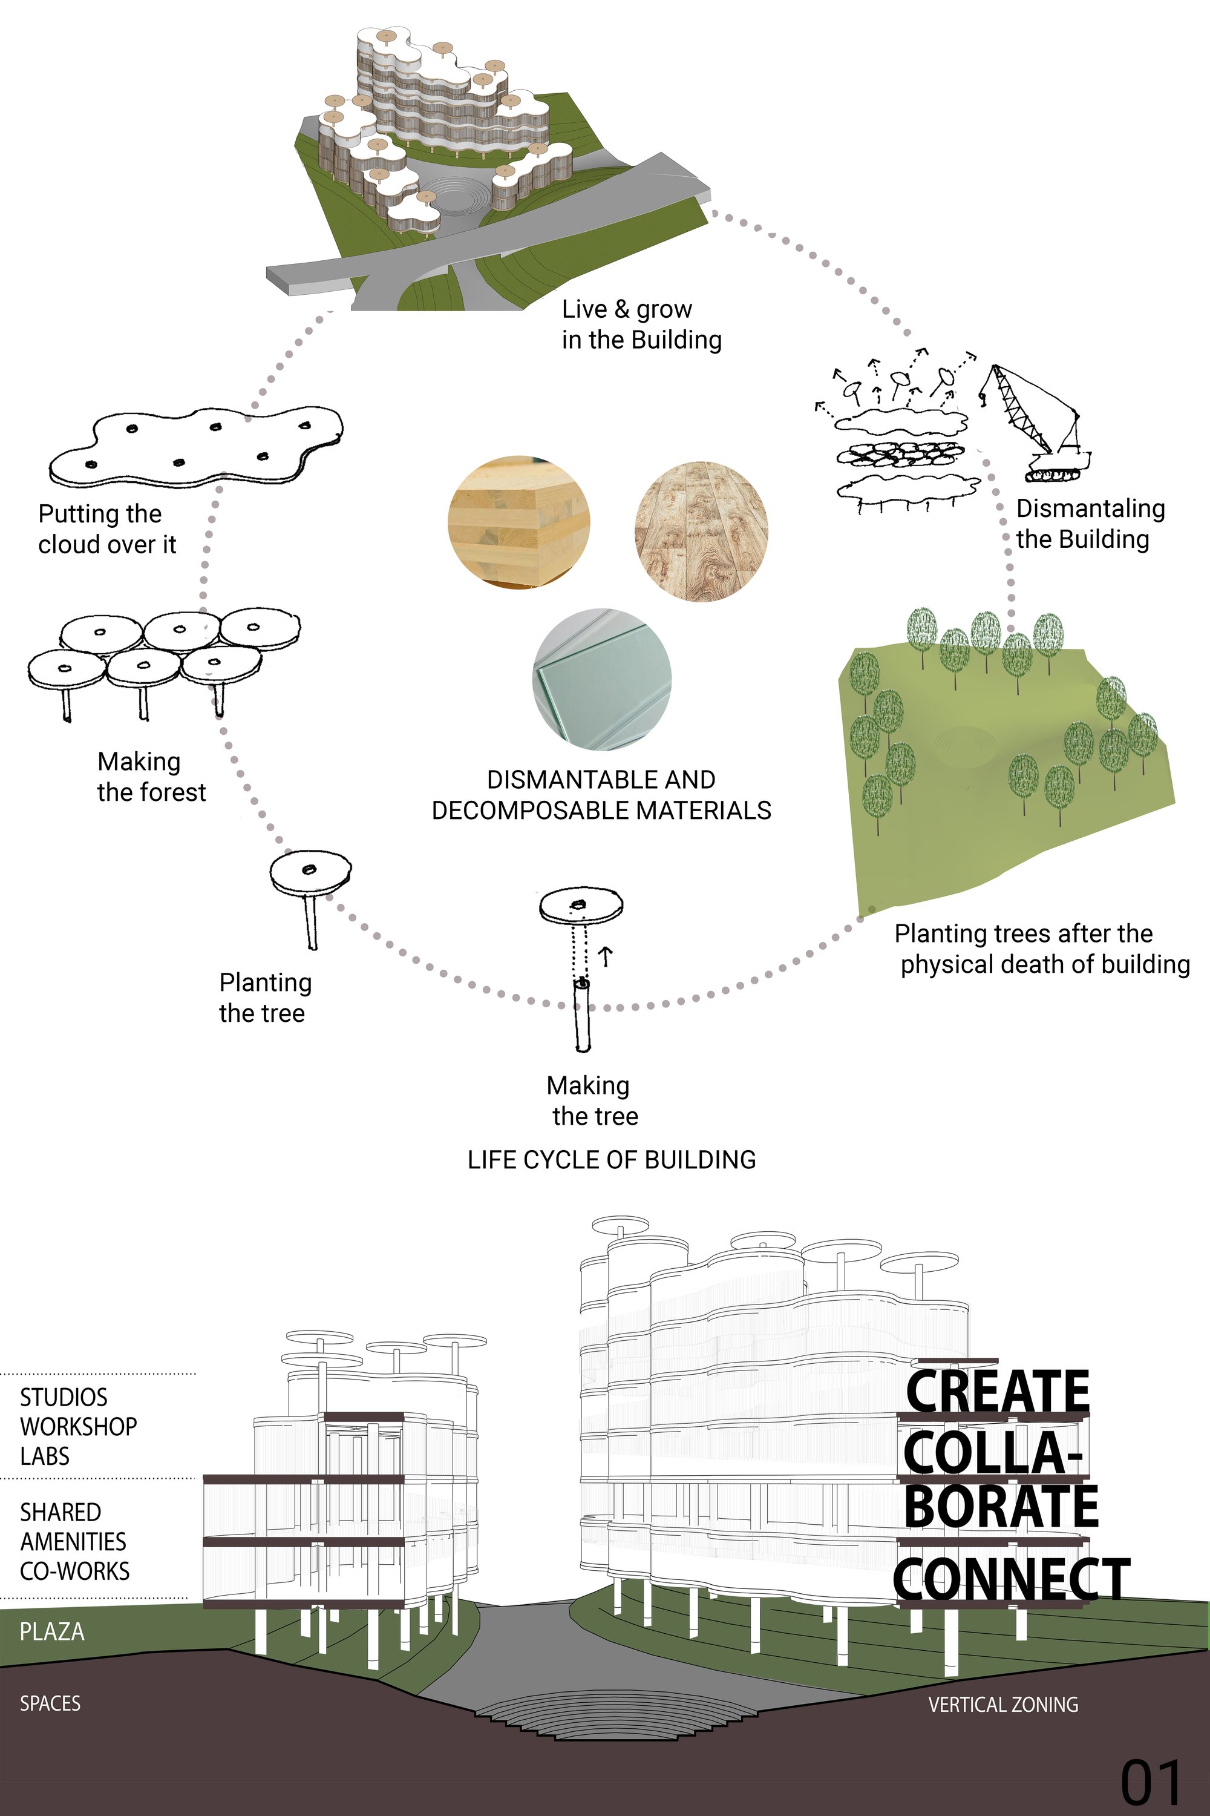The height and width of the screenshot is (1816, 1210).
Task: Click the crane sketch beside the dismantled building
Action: click(1034, 423)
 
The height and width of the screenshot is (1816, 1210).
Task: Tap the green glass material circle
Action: click(602, 678)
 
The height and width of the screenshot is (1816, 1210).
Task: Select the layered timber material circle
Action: click(519, 521)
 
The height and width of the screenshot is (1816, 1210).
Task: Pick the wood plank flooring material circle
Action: click(701, 531)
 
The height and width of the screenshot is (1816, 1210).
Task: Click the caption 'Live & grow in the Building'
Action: click(641, 324)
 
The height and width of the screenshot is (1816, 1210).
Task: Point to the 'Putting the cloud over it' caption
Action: click(107, 529)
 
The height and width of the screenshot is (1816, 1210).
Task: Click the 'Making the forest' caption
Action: click(151, 777)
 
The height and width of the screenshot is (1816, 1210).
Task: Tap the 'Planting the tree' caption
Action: click(265, 998)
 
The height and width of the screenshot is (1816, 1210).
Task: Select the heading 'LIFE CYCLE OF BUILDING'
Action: click(612, 1160)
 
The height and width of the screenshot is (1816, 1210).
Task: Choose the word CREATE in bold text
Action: click(997, 1390)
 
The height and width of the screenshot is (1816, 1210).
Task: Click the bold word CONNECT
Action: click(1012, 1579)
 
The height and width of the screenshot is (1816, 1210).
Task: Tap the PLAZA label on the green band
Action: click(51, 1631)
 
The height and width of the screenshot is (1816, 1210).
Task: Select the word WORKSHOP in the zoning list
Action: click(78, 1427)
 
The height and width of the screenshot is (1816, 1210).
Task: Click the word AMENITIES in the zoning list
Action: click(73, 1542)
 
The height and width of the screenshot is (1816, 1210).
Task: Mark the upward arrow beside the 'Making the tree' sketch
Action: click(607, 956)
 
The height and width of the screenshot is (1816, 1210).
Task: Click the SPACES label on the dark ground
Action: click(50, 1703)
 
